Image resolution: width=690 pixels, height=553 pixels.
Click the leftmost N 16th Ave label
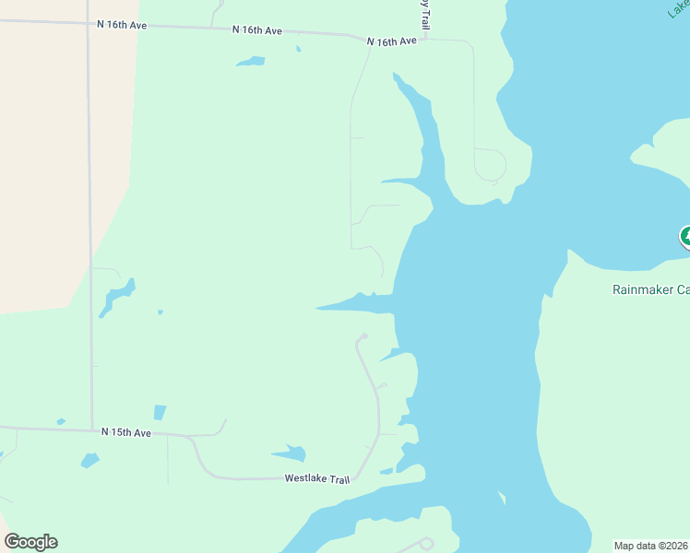(x=122, y=25)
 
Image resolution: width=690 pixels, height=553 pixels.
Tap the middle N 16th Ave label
(x=257, y=30)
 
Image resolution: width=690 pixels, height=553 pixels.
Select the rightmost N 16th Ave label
(x=391, y=41)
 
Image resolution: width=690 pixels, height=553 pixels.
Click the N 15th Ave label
(x=125, y=431)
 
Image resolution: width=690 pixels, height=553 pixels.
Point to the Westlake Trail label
(x=317, y=478)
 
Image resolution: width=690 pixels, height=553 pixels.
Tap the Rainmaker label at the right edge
(x=650, y=289)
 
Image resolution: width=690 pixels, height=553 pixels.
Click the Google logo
(x=31, y=542)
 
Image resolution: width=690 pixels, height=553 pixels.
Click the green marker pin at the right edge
(x=685, y=237)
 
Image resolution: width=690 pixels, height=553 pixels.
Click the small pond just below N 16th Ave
(x=250, y=62)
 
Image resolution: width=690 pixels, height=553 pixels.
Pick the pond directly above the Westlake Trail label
(x=291, y=453)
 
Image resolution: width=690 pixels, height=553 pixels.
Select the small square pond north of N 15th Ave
(x=160, y=412)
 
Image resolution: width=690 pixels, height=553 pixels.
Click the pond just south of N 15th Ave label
(x=89, y=459)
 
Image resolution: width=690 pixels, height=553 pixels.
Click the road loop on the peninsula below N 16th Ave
(x=489, y=165)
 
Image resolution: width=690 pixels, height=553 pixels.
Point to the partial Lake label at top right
(x=679, y=9)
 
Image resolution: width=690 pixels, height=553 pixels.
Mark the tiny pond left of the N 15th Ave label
(x=61, y=422)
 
